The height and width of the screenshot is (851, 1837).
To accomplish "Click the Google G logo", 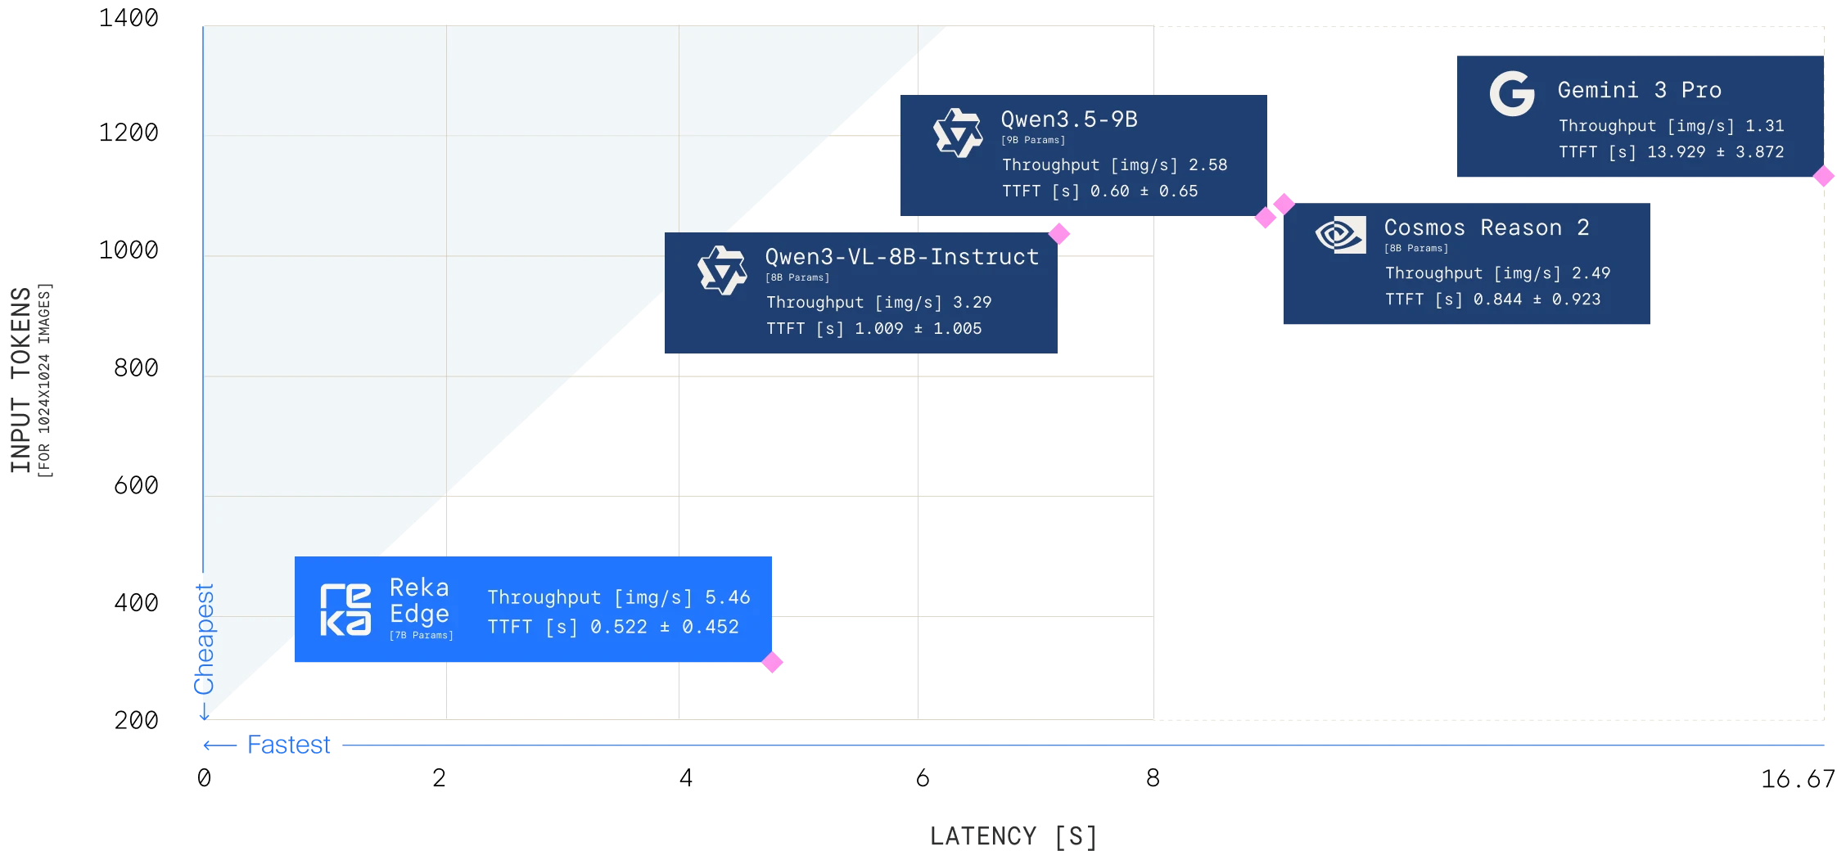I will pos(1511,94).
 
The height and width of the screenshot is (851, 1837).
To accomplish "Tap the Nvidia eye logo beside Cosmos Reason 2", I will pos(1340,235).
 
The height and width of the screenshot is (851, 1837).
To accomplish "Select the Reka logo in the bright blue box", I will pos(345,610).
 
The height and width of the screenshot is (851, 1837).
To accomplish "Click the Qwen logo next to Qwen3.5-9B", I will pos(957,133).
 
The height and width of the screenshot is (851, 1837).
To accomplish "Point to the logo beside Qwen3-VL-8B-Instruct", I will pos(721,270).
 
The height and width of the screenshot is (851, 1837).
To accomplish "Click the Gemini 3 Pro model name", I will pos(1639,90).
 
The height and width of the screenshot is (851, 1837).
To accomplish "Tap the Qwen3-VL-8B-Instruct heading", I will pos(901,257).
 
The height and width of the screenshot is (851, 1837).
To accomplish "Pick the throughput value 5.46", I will pos(728,597).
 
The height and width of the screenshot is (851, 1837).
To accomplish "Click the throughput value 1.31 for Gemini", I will pos(1764,126).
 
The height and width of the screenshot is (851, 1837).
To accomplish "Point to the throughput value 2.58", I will pos(1207,165).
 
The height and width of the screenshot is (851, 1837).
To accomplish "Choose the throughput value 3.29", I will pos(972,303).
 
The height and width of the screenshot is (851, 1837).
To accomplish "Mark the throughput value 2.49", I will pos(1591,273).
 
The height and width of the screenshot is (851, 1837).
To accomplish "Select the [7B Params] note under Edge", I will pos(421,635).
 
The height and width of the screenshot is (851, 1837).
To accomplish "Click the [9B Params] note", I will pos(1032,140).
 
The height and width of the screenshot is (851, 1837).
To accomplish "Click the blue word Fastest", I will pos(290,745).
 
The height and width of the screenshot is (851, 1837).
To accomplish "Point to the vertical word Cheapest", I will pos(204,638).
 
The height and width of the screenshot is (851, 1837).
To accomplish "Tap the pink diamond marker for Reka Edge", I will pos(773,661).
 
